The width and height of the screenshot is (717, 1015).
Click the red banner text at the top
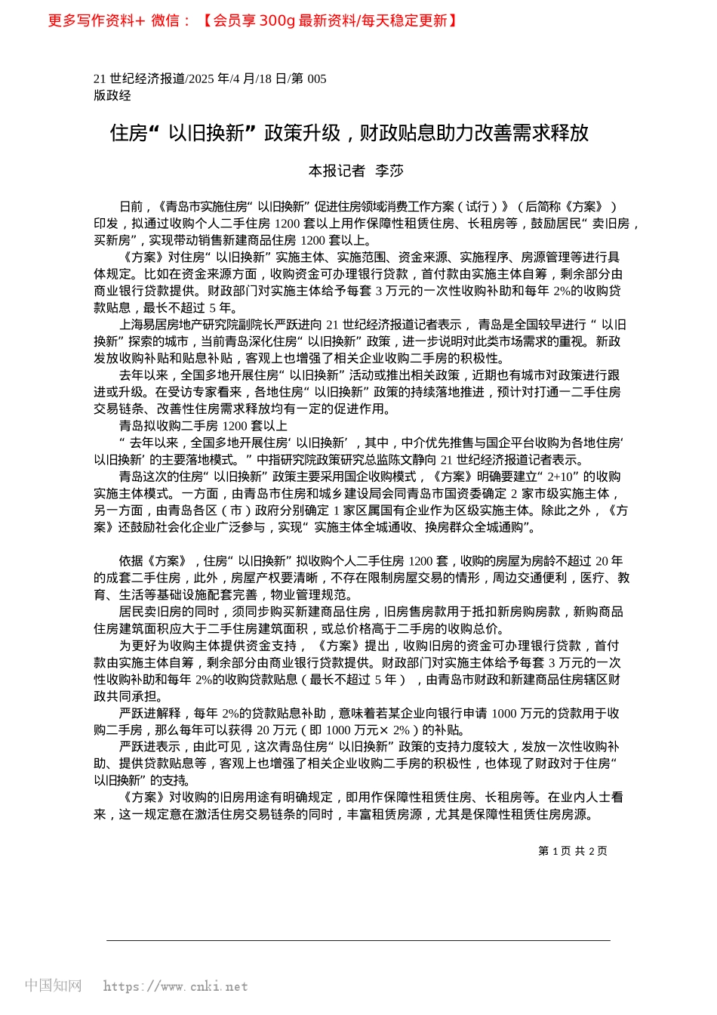[x=253, y=20]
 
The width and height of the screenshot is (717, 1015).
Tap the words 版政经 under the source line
[x=112, y=95]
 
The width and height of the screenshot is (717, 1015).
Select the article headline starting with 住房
[x=349, y=133]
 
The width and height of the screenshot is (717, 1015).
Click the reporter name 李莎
[x=389, y=171]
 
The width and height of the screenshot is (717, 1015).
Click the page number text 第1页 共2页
[x=572, y=851]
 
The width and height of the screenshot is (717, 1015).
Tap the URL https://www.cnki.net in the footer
[x=175, y=986]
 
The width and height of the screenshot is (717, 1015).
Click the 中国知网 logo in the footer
[x=53, y=986]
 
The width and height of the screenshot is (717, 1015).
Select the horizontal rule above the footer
[x=358, y=940]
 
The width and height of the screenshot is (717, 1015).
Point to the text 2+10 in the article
[x=561, y=477]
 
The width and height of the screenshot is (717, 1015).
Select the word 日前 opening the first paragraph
[x=131, y=207]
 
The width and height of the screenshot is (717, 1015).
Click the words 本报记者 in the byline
[x=337, y=171]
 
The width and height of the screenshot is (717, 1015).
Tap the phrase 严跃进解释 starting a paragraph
[x=149, y=713]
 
